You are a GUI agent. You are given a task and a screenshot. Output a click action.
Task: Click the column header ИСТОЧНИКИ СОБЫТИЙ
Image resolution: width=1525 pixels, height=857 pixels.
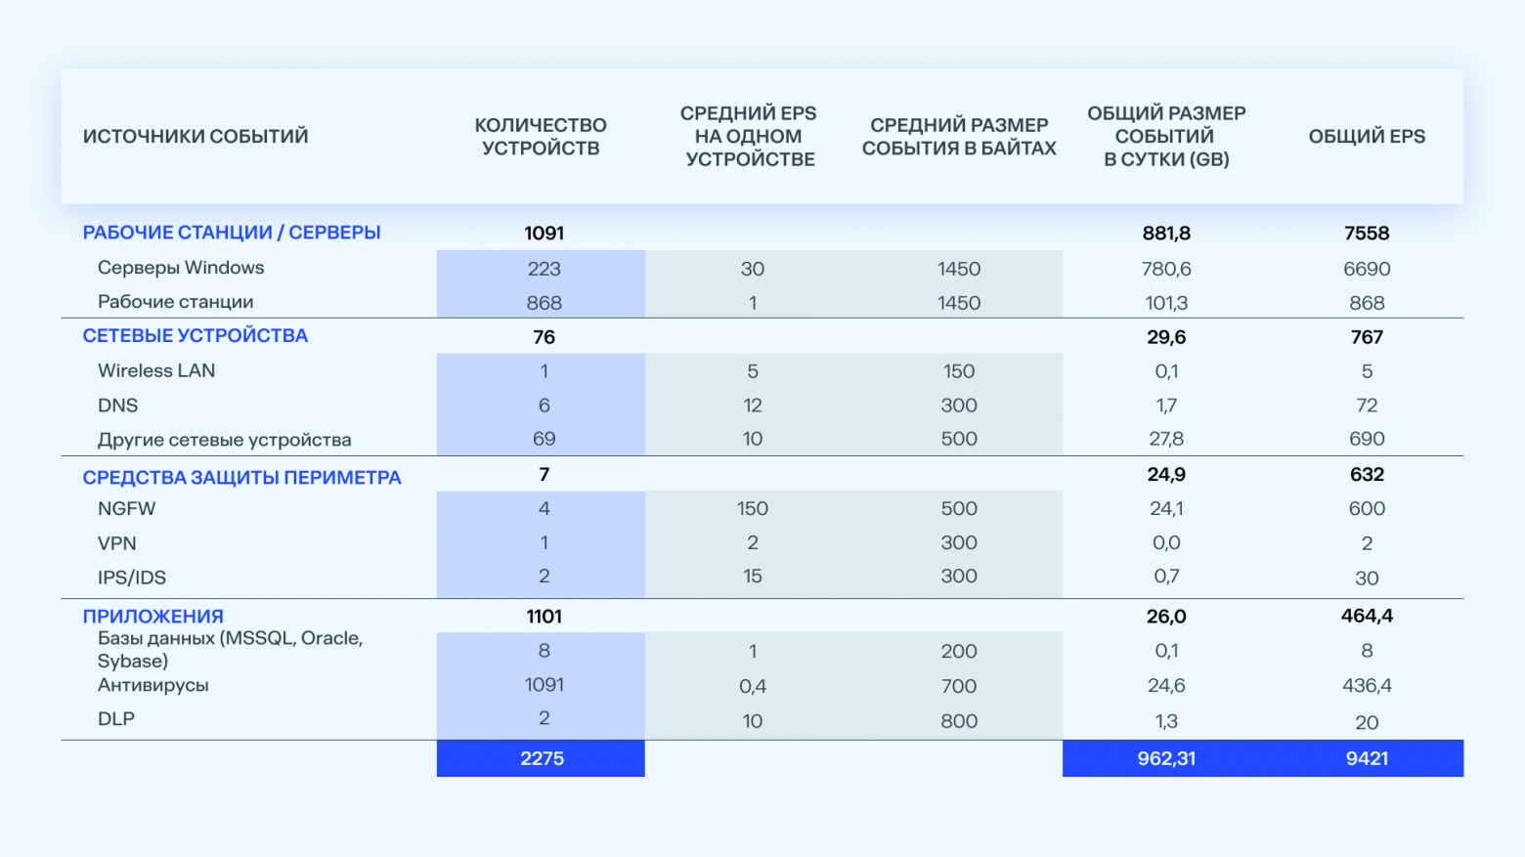195,137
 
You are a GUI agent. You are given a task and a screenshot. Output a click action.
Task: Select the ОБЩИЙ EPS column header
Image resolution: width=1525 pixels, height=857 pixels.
1366,137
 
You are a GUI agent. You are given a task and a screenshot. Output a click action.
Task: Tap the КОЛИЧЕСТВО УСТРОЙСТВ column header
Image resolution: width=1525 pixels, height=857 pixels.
541,137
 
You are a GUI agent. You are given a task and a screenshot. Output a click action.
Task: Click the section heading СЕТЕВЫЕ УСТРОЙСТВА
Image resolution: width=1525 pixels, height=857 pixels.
195,336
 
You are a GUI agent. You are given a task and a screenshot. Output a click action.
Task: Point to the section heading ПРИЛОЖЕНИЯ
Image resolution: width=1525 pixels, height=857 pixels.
152,617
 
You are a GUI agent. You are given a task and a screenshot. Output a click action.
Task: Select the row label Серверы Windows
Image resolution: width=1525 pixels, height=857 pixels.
181,268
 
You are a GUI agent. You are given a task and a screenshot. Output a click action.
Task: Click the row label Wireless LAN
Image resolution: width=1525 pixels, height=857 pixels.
156,371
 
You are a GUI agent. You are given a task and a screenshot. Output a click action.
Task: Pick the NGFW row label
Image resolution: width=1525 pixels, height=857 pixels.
126,509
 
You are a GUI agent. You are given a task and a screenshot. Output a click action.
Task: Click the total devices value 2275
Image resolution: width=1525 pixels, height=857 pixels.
542,758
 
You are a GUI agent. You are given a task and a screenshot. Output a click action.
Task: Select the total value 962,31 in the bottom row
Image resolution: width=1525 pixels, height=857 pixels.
1166,758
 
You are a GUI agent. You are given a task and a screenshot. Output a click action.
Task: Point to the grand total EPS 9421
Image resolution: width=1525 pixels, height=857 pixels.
1366,758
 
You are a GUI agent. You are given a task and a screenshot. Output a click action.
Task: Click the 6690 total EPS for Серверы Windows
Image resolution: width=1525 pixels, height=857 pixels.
1366,269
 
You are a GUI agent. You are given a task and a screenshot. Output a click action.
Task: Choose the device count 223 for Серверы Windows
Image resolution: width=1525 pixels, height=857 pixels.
544,269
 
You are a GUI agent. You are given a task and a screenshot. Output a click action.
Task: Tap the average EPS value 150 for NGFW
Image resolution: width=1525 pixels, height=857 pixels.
752,509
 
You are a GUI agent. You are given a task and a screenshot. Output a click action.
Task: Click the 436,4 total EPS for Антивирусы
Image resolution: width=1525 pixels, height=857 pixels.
1366,686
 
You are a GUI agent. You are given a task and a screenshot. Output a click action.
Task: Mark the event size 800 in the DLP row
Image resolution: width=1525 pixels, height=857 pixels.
958,721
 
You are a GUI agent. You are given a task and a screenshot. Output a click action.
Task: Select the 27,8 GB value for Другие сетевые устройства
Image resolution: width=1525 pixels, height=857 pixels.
1166,440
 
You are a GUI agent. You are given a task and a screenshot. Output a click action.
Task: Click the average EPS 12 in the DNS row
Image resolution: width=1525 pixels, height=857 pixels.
752,406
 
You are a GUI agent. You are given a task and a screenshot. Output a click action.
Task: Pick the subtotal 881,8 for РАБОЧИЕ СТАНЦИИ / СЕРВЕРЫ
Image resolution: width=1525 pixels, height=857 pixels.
1166,234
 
